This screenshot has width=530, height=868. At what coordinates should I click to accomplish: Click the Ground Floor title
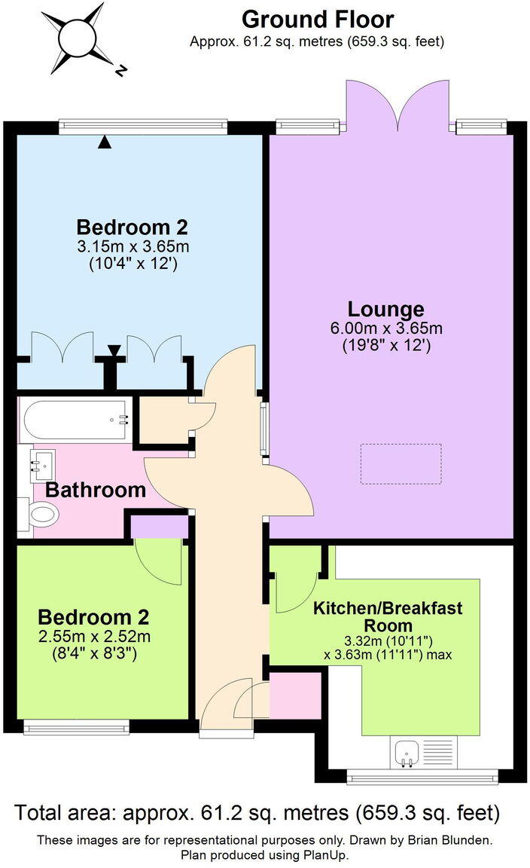[x=317, y=18]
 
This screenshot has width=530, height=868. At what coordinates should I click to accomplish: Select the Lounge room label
[x=385, y=309]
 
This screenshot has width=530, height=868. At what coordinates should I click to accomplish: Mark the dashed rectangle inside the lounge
[x=401, y=464]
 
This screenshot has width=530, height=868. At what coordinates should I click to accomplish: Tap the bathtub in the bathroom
[x=75, y=420]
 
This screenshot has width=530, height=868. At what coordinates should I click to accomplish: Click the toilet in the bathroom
[x=41, y=516]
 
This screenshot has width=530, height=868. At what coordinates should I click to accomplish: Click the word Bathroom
[x=95, y=490]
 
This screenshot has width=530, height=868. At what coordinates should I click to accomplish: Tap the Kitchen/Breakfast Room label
[x=388, y=616]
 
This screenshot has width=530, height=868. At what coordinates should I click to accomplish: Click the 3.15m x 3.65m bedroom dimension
[x=132, y=246]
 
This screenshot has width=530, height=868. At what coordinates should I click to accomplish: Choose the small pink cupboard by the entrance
[x=295, y=695]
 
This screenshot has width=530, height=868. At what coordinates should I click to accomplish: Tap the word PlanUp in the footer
[x=327, y=855]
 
